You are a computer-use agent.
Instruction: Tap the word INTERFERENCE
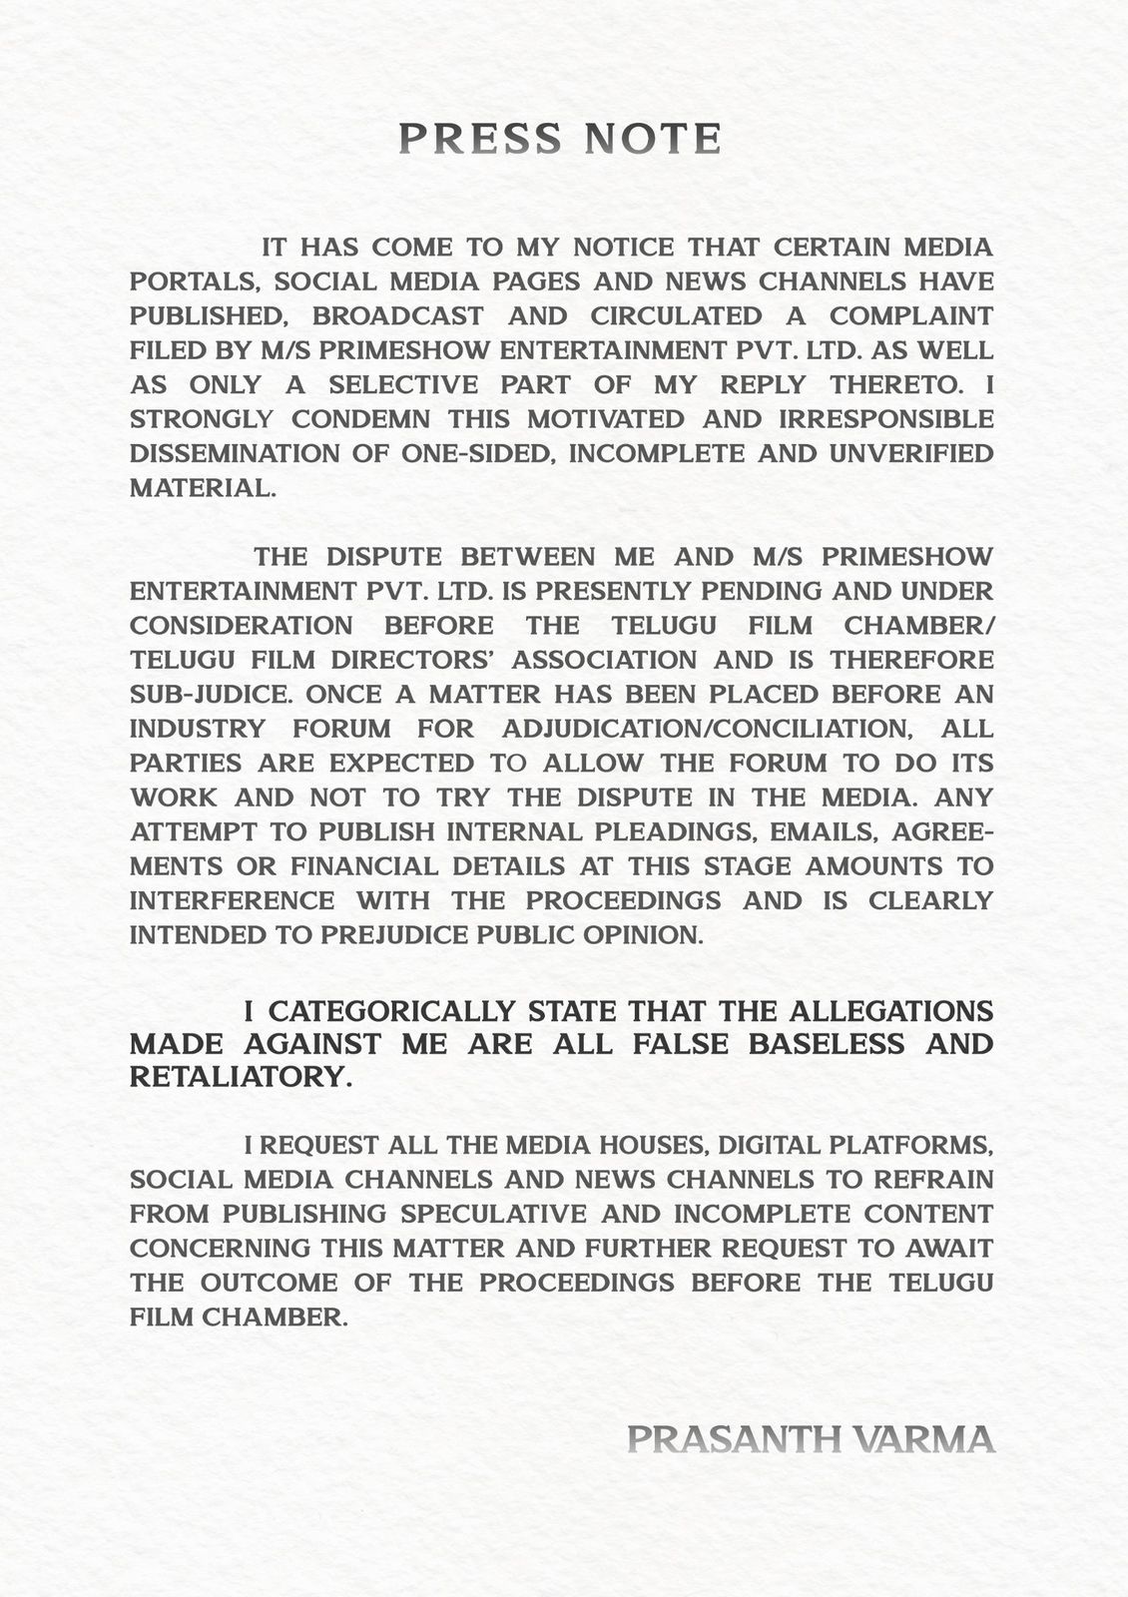(x=232, y=900)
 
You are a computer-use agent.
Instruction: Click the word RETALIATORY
(x=241, y=1078)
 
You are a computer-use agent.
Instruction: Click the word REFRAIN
(x=933, y=1180)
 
